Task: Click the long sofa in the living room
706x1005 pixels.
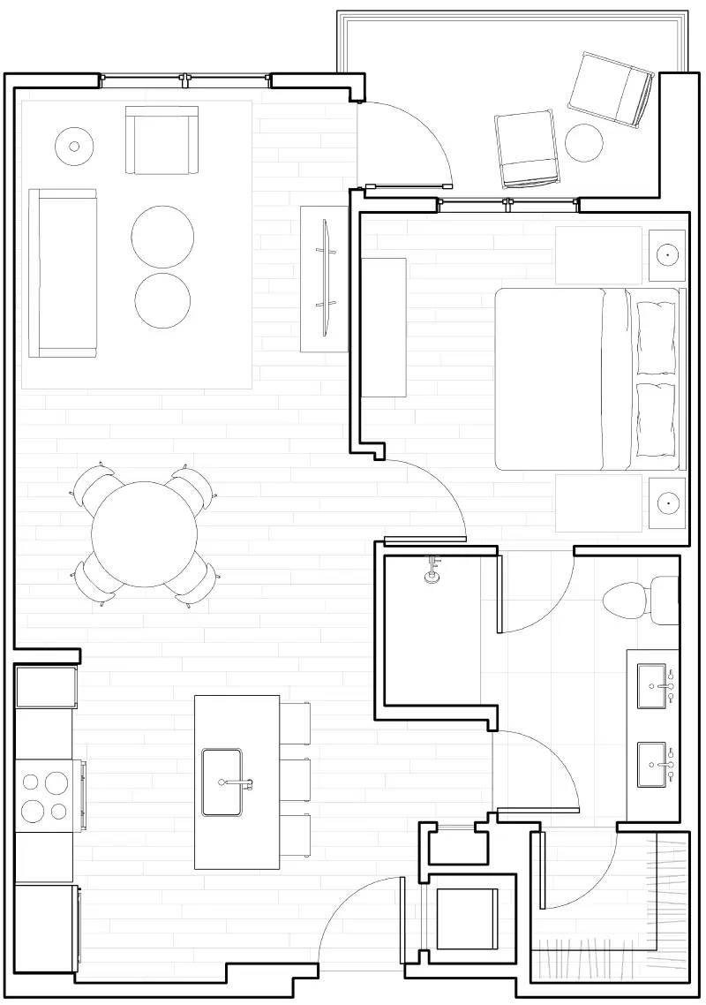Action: coord(62,272)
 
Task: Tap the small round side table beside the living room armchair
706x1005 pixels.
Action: coord(74,146)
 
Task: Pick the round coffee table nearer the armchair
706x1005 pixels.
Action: coord(162,236)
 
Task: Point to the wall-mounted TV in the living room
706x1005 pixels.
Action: coord(326,277)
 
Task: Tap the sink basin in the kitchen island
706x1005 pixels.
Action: coord(222,782)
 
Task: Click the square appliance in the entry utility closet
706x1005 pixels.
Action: coord(466,918)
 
